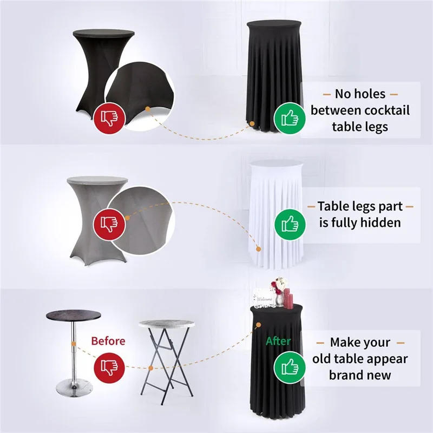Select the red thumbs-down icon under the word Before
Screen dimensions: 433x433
(x=108, y=367)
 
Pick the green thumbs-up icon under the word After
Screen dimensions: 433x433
(x=287, y=368)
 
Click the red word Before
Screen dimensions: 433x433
(x=108, y=341)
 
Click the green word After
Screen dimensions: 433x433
(x=278, y=342)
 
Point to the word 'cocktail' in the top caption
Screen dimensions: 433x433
(x=382, y=110)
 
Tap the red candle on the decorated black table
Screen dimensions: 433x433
(x=287, y=297)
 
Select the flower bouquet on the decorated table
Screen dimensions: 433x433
(x=279, y=285)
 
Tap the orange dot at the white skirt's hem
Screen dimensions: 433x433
(x=259, y=249)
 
